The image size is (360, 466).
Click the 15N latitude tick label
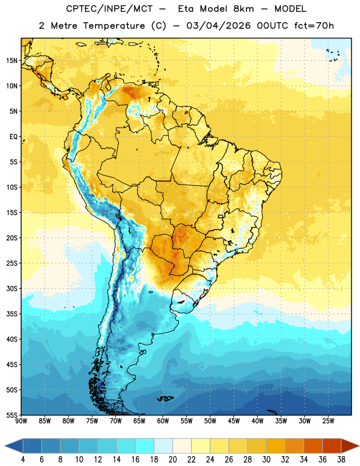point(12,61)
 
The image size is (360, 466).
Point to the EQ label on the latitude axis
point(13,137)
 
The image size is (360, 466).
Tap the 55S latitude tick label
point(12,415)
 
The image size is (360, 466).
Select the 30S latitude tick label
point(12,288)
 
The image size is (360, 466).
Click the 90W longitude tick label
point(21,421)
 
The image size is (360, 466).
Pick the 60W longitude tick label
point(163,421)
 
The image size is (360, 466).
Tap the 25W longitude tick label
point(328,421)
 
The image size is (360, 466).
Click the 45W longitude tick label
point(234,421)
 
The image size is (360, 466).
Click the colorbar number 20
point(172,460)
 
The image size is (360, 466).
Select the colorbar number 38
point(341,460)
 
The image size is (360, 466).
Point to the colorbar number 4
point(23,460)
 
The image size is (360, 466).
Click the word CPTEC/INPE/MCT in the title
point(109,9)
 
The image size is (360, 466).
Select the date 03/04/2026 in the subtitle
point(218,26)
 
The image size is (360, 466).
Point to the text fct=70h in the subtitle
point(314,26)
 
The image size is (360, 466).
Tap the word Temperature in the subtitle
point(114,26)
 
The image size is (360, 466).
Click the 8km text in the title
point(243,9)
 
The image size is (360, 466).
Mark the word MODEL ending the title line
point(290,9)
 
